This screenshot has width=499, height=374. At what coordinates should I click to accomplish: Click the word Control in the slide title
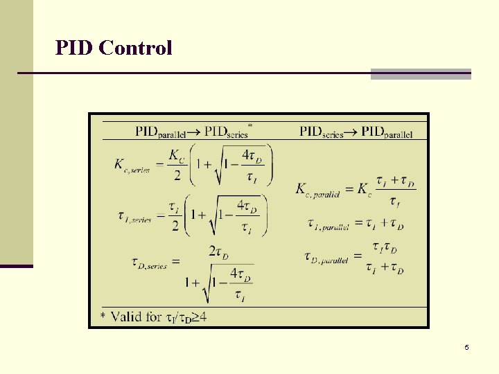click(135, 48)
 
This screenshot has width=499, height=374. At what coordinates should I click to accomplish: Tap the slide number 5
click(466, 347)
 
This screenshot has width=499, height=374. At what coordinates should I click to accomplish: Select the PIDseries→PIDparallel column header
click(356, 132)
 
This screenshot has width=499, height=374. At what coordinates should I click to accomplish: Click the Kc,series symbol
click(132, 166)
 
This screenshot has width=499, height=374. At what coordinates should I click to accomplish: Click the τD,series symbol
click(149, 262)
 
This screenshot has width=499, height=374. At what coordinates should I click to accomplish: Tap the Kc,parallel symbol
click(317, 190)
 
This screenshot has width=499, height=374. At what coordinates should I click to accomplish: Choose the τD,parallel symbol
click(326, 258)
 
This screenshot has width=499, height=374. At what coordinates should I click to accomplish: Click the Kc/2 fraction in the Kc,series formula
click(177, 165)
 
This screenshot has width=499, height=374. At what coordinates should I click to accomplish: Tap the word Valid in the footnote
click(136, 317)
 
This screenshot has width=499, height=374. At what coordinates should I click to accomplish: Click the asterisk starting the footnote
click(103, 317)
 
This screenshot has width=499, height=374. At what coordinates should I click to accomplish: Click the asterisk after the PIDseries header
click(249, 125)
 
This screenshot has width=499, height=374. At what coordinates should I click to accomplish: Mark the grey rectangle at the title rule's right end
click(421, 73)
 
